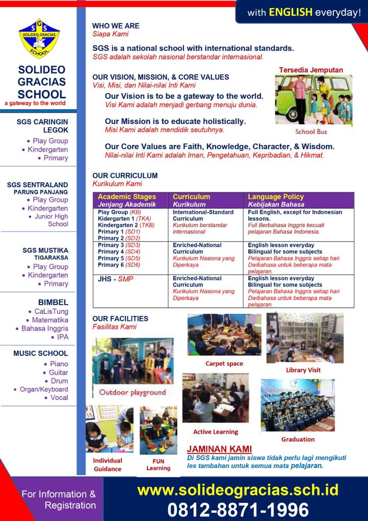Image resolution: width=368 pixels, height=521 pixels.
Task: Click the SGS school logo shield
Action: [39, 39]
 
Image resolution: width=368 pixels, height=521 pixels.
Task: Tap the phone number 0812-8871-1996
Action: [238, 509]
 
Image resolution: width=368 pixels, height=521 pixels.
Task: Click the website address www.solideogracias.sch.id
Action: [238, 490]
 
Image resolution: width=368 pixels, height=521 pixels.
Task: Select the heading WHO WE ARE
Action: [116, 25]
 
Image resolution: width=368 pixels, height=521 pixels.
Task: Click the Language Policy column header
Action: [276, 196]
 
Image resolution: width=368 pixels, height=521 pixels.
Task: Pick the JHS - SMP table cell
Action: [115, 279]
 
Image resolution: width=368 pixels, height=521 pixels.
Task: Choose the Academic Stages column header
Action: [127, 196]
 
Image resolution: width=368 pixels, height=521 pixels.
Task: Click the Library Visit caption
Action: [303, 370]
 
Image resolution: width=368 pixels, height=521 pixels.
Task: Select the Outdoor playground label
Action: [133, 392]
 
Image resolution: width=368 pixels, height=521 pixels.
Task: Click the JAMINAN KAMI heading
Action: [219, 449]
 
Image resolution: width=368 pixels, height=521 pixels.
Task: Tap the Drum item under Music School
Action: [59, 381]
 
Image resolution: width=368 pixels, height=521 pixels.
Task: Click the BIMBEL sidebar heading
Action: [53, 302]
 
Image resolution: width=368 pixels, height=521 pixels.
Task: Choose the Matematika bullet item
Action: [50, 320]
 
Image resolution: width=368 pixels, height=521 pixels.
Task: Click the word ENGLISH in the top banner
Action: [291, 12]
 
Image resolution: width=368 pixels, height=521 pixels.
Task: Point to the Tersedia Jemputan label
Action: [311, 70]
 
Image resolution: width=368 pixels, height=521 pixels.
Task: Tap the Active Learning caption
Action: [215, 431]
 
